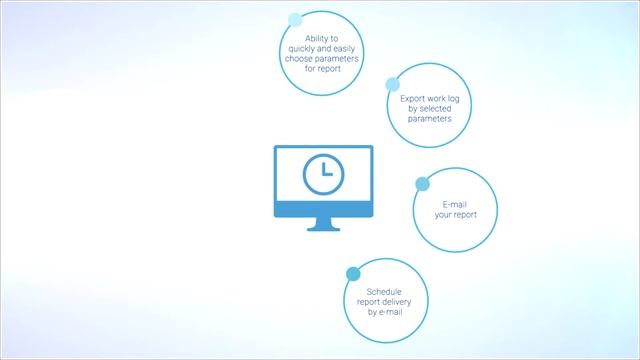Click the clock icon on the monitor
[x=322, y=174]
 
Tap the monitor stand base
[x=322, y=228]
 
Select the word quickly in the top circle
[x=300, y=48]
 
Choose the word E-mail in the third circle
[x=454, y=204]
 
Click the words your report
[x=454, y=215]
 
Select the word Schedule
[x=384, y=291]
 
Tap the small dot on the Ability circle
[x=295, y=19]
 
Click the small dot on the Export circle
[x=393, y=85]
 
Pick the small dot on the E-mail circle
[x=422, y=184]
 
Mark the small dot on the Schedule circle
[x=353, y=273]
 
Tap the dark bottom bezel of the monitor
[x=322, y=207]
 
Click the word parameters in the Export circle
[x=431, y=118]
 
